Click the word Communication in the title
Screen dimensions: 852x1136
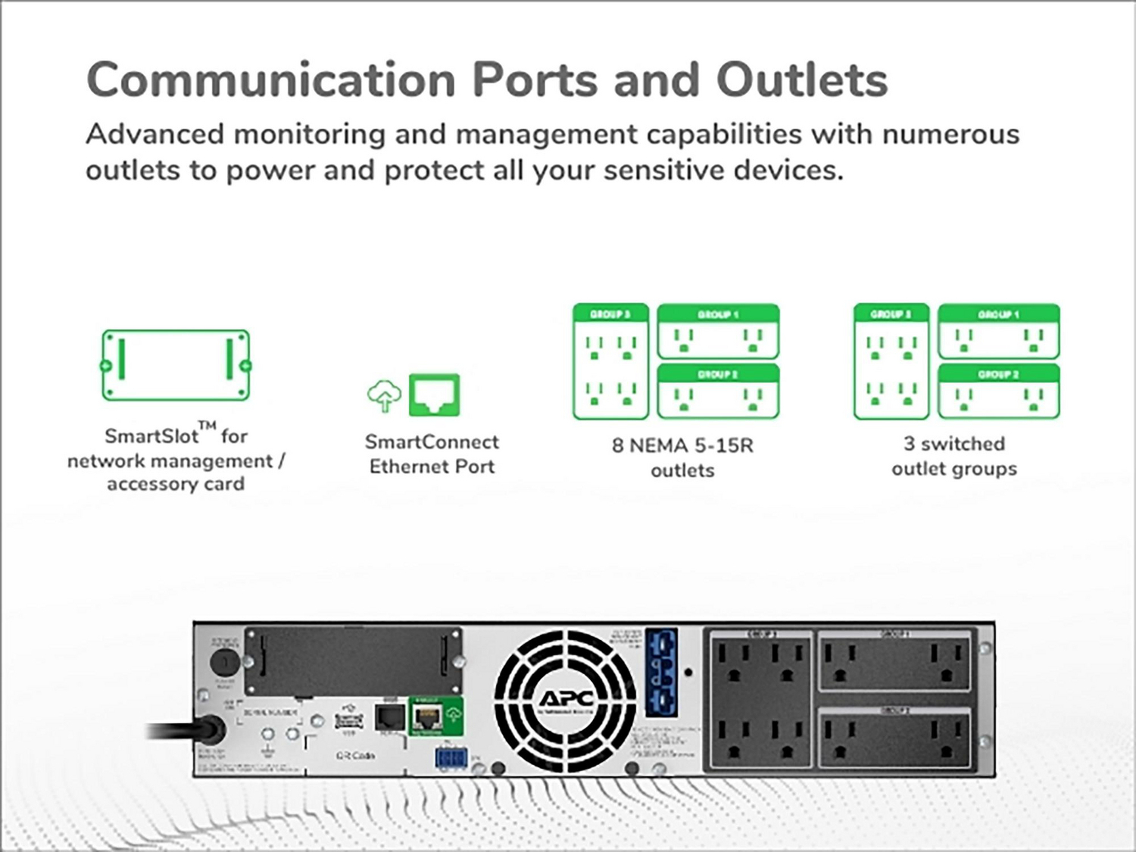270,80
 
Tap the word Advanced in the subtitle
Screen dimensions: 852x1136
154,134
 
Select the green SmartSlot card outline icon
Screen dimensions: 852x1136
176,365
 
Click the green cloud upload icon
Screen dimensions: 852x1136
385,395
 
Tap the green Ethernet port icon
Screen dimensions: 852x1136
434,395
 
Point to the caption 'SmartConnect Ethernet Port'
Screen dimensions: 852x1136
432,454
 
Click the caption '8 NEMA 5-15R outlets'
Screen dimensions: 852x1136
682,457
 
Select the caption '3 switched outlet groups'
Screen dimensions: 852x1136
954,455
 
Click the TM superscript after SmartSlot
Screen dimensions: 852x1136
208,426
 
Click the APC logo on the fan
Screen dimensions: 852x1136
566,698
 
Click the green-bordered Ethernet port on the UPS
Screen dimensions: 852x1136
429,716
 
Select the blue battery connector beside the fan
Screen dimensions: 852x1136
660,672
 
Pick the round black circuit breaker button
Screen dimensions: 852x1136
223,661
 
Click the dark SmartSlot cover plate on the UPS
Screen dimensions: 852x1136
352,660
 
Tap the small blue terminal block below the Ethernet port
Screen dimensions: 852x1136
449,757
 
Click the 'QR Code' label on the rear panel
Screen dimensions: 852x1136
354,756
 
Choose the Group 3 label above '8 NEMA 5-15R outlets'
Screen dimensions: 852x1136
610,314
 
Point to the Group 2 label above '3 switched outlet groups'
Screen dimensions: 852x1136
998,374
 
